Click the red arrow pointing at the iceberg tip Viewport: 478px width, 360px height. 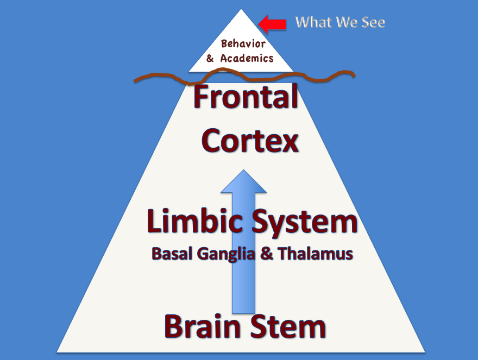[272, 24]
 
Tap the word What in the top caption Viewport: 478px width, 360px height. [313, 22]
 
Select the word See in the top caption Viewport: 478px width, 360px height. [374, 23]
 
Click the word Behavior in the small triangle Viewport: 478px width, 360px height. [243, 44]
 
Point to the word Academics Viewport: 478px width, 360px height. [247, 58]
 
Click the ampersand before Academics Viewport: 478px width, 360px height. [210, 58]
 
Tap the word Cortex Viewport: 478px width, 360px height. [250, 141]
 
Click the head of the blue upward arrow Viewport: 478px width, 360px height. [243, 181]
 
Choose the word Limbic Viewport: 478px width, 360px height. [195, 220]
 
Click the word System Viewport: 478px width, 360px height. [305, 223]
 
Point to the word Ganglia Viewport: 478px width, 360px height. [225, 255]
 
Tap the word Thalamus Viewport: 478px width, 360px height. [315, 254]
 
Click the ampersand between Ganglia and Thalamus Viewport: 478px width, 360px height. [267, 254]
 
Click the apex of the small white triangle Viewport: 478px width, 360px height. [241, 9]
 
